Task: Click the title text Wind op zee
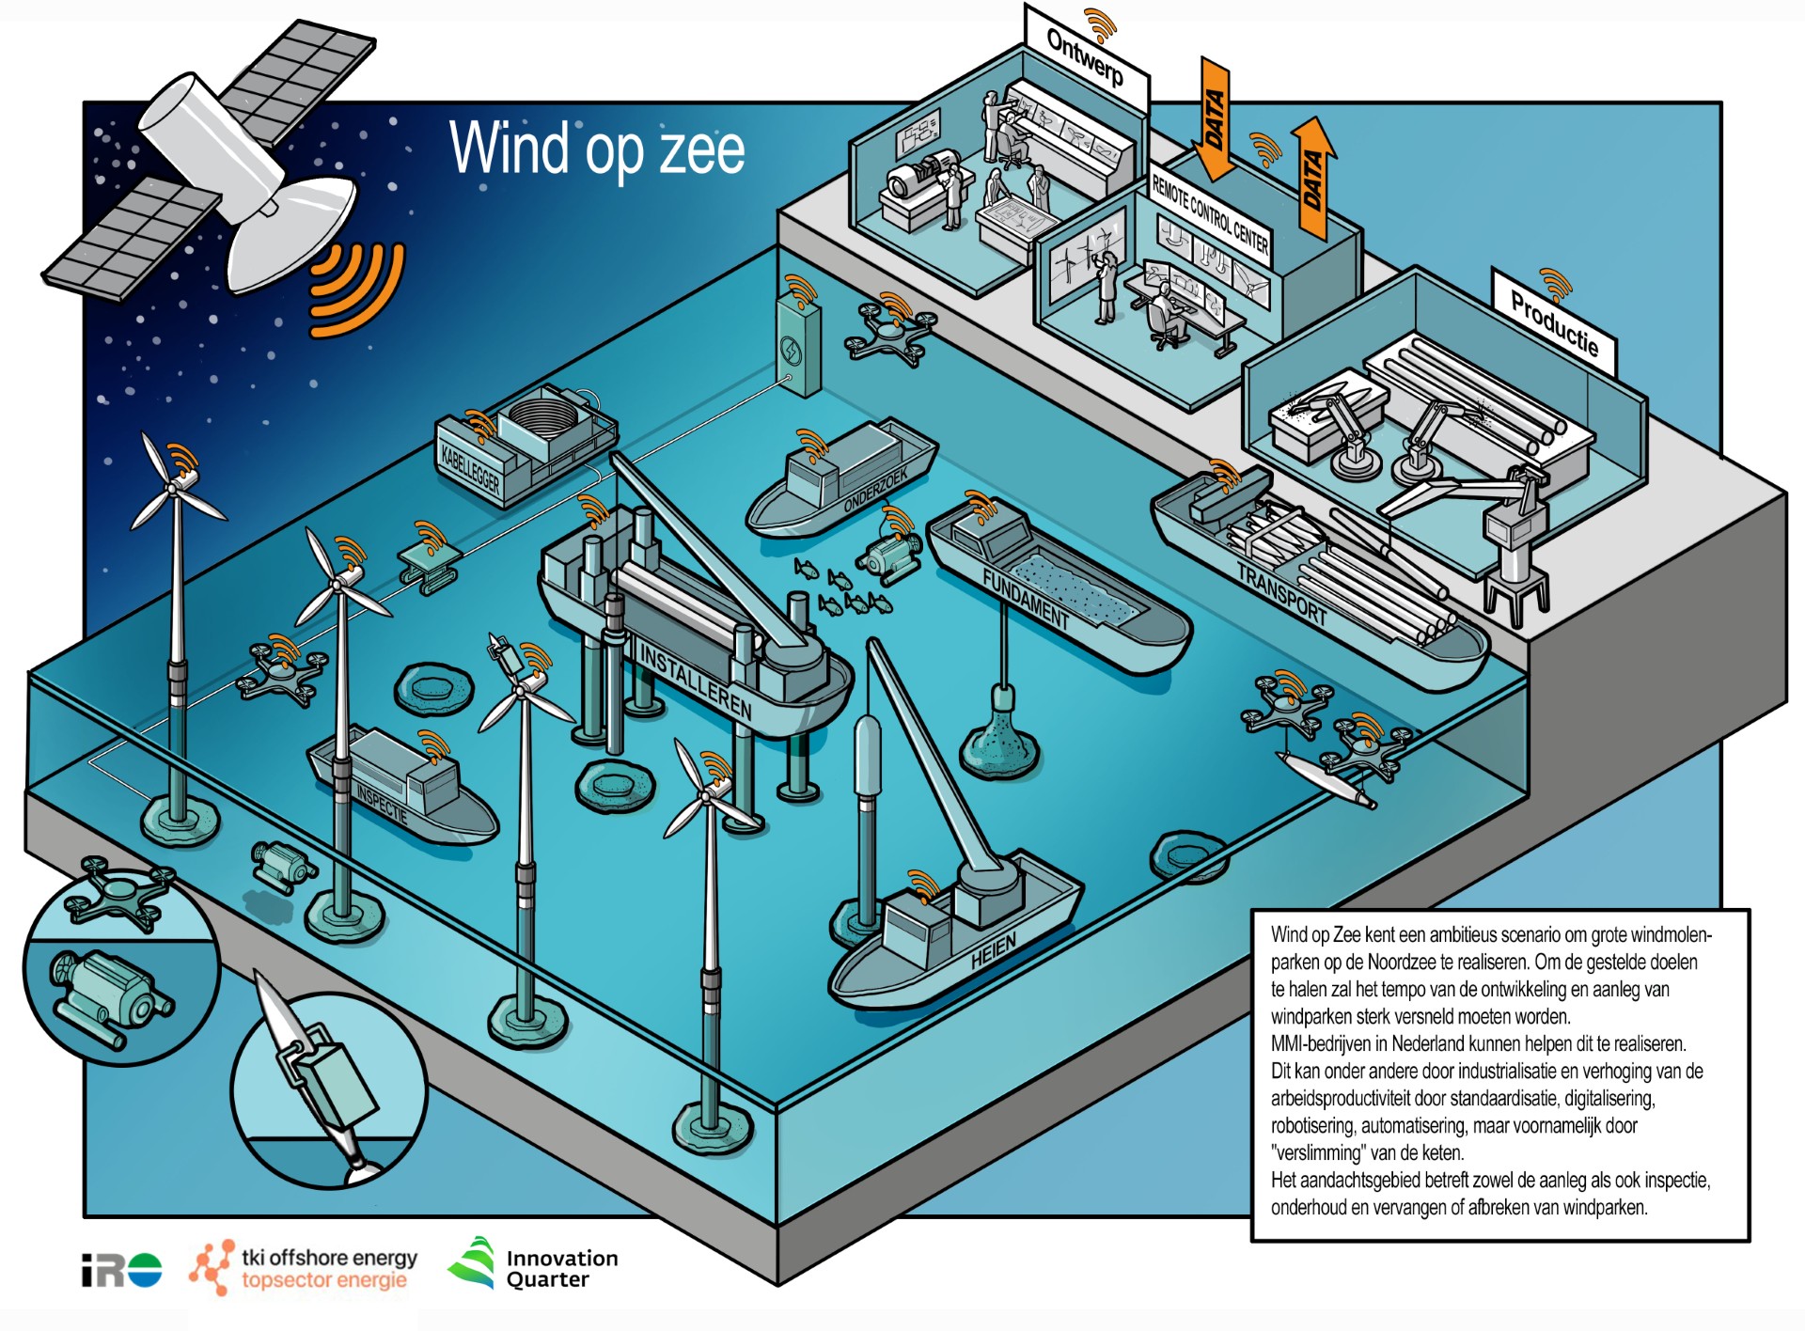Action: pyautogui.click(x=597, y=149)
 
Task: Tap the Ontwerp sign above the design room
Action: pyautogui.click(x=1085, y=57)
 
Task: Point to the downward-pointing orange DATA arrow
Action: pyautogui.click(x=1214, y=118)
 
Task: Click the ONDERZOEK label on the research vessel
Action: pyautogui.click(x=875, y=490)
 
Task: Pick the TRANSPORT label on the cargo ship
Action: pyautogui.click(x=1281, y=595)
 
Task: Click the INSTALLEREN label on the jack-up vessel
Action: pyautogui.click(x=695, y=681)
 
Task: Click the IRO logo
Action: pyautogui.click(x=121, y=1271)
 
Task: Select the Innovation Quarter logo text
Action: pyautogui.click(x=562, y=1268)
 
